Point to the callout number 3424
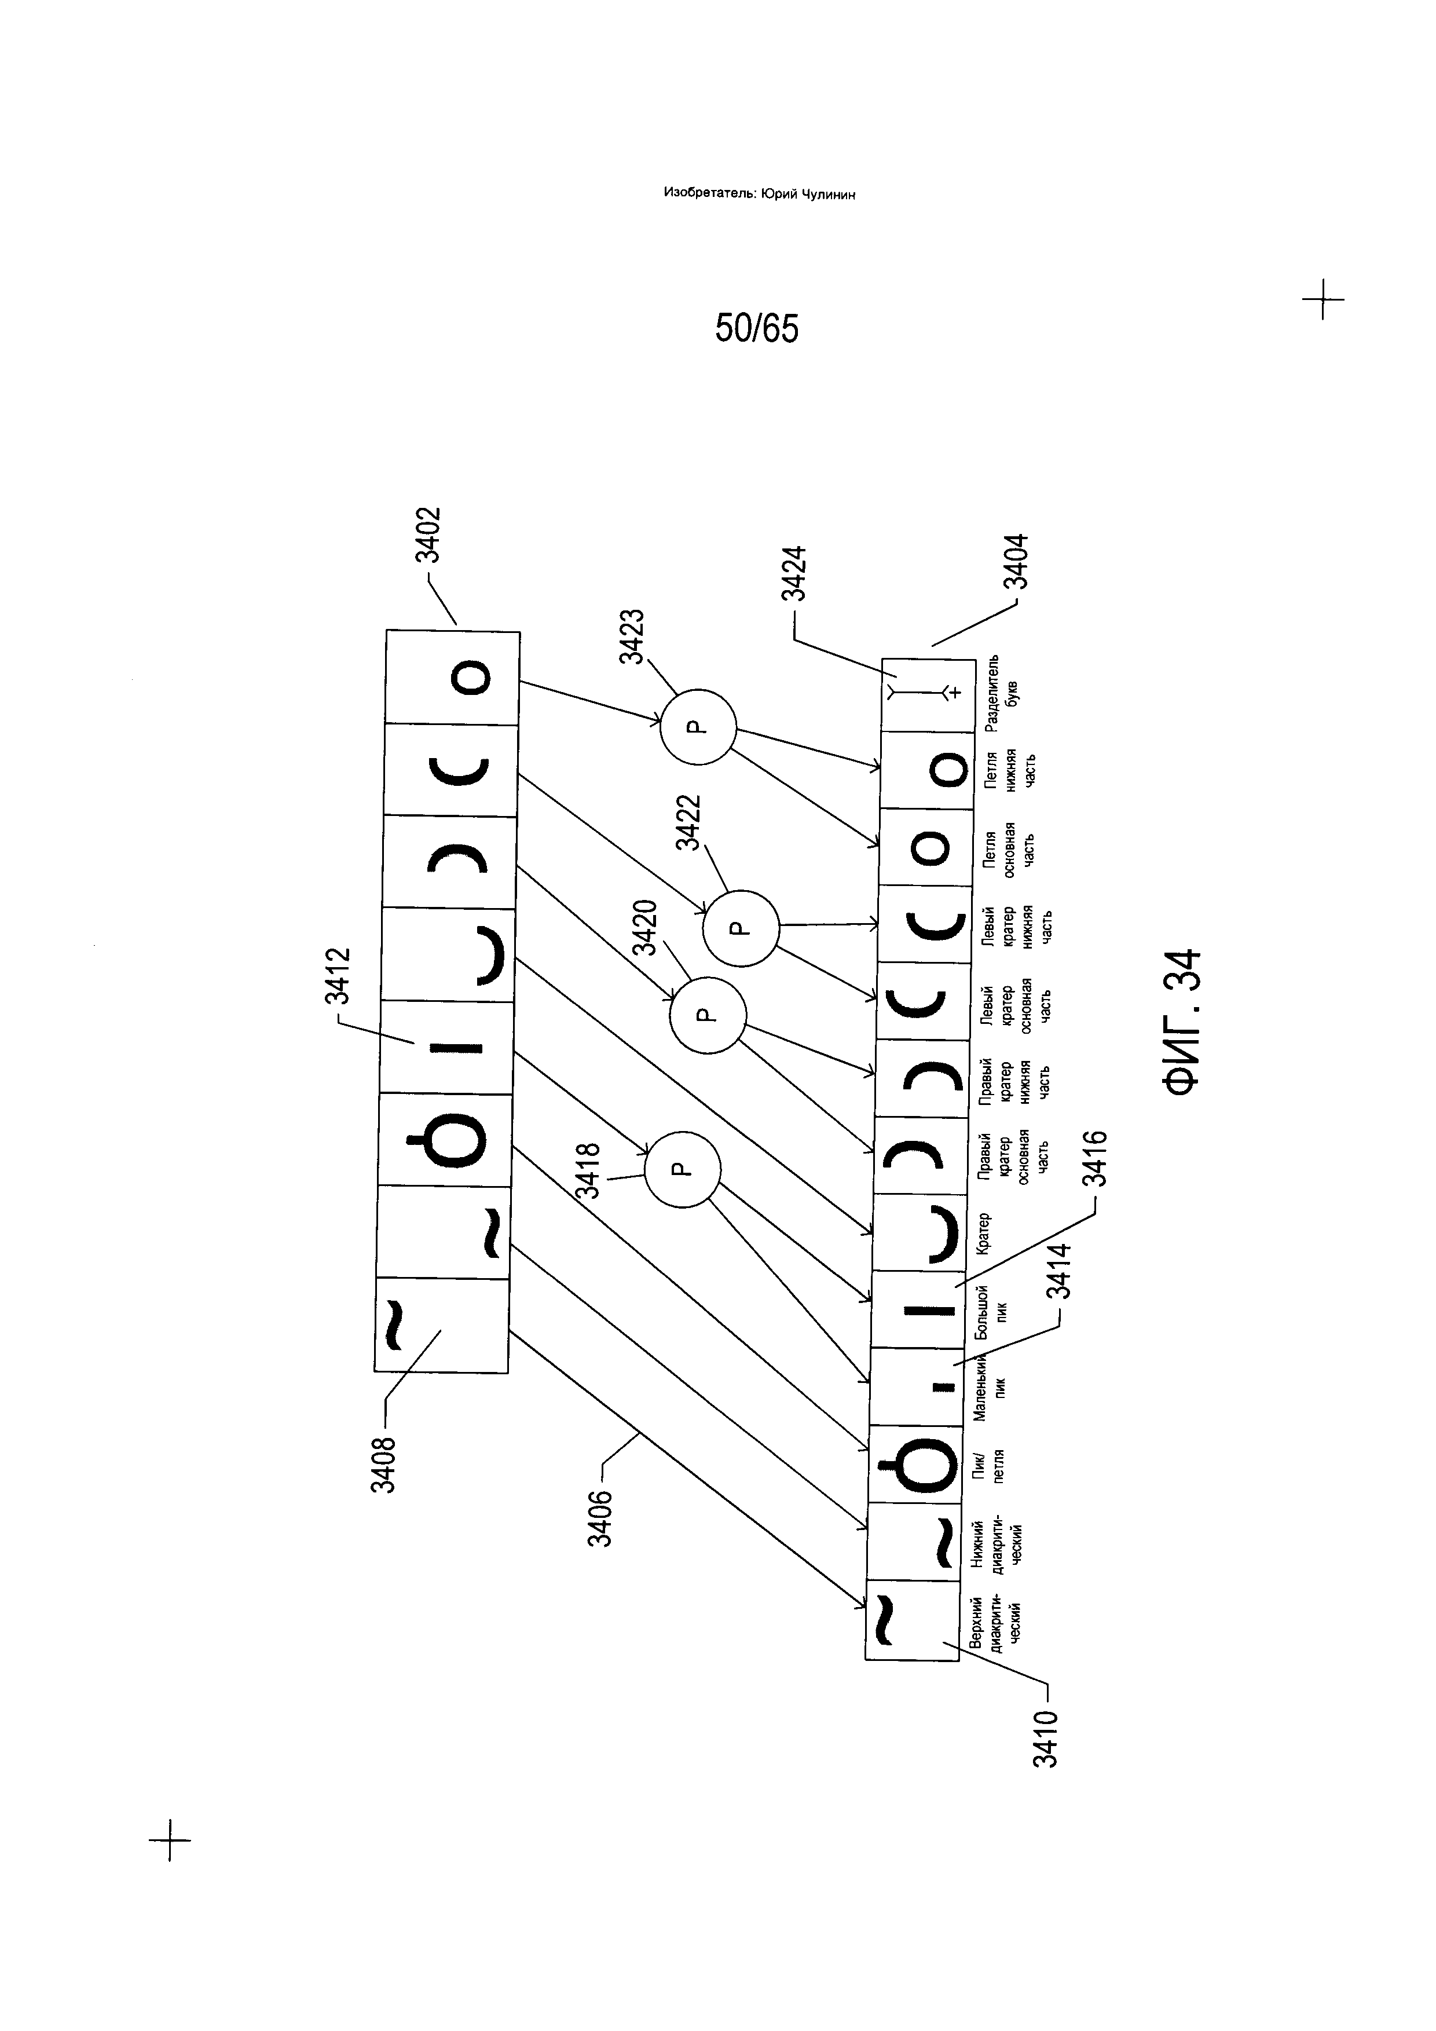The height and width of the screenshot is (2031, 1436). pos(795,574)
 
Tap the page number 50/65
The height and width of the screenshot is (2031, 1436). pos(757,329)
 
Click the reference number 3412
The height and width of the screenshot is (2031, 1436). pos(339,976)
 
